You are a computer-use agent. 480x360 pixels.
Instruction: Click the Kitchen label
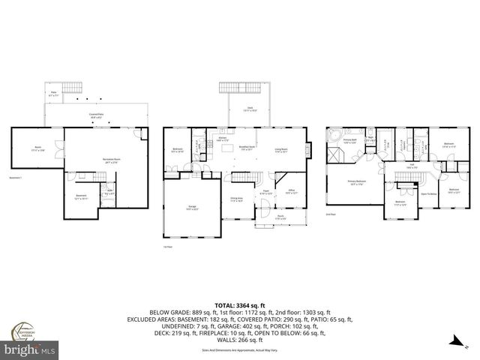coord(223,139)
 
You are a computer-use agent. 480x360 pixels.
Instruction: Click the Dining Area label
coord(238,199)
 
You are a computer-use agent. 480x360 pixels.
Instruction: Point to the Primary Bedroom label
coord(355,182)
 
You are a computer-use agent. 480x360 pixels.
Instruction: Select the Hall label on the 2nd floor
coord(412,166)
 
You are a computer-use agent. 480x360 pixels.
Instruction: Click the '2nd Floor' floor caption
coord(331,214)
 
